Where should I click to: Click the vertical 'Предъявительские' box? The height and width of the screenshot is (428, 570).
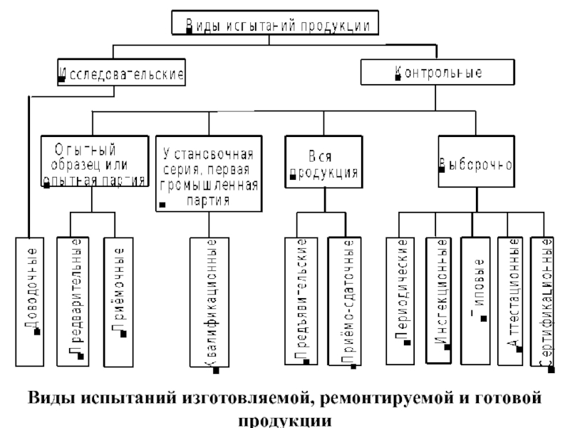[301, 300]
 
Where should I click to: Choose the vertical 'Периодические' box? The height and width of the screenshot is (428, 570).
[401, 293]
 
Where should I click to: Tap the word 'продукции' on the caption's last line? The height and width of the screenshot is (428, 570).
[284, 417]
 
